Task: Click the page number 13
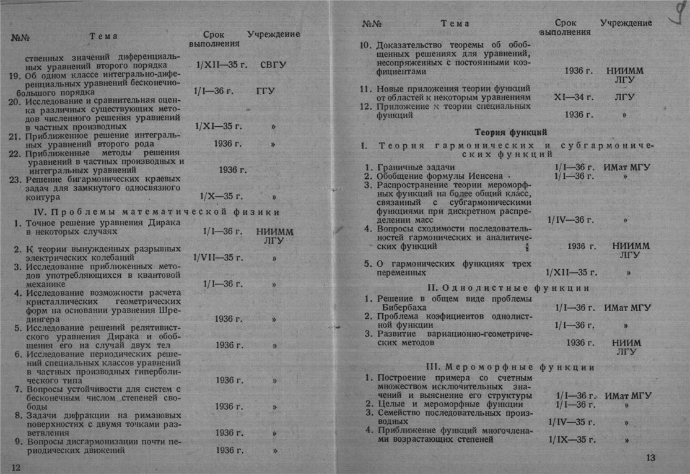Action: coord(650,458)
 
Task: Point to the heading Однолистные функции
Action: coord(509,288)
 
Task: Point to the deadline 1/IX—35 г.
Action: coord(568,439)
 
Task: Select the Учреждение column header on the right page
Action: coord(626,23)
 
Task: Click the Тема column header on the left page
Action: coord(103,37)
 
